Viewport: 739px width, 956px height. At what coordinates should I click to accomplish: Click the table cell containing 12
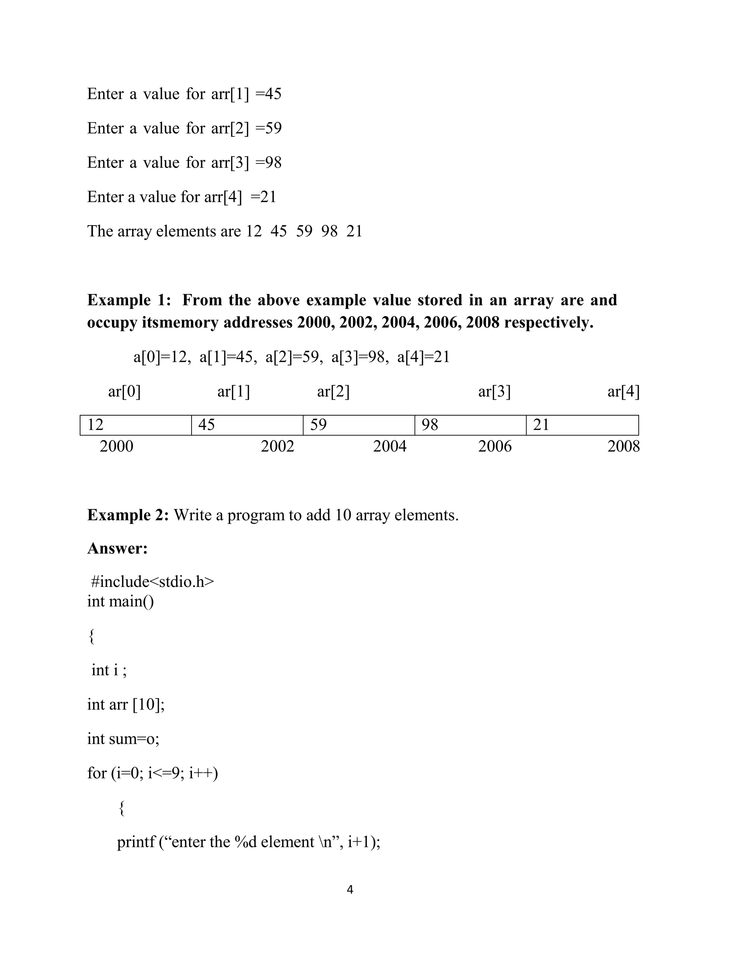(136, 425)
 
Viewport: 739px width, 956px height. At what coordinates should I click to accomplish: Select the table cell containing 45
(247, 425)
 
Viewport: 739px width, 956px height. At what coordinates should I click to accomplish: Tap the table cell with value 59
(359, 425)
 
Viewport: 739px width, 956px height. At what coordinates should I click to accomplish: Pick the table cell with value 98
(470, 425)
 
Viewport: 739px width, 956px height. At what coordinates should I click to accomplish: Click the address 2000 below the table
(117, 447)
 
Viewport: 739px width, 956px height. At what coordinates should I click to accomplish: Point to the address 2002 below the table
(277, 447)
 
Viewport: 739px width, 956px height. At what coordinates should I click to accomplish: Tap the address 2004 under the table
(390, 447)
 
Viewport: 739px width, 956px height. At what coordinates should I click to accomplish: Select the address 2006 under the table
(495, 447)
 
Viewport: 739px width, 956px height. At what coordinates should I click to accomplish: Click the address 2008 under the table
(624, 447)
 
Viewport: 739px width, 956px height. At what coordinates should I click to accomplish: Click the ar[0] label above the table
(124, 391)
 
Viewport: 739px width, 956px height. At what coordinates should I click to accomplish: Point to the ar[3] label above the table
(494, 391)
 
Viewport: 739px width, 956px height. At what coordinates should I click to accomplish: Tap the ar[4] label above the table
(624, 391)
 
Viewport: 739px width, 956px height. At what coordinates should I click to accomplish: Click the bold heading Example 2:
(128, 515)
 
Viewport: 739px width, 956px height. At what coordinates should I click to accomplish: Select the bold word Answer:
(117, 548)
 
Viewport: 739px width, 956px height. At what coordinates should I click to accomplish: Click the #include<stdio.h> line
(152, 582)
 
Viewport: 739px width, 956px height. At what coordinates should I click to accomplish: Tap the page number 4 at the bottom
(350, 890)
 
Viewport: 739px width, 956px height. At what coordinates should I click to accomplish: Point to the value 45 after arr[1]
(273, 94)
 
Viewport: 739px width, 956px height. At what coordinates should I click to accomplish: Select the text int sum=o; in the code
(123, 739)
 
